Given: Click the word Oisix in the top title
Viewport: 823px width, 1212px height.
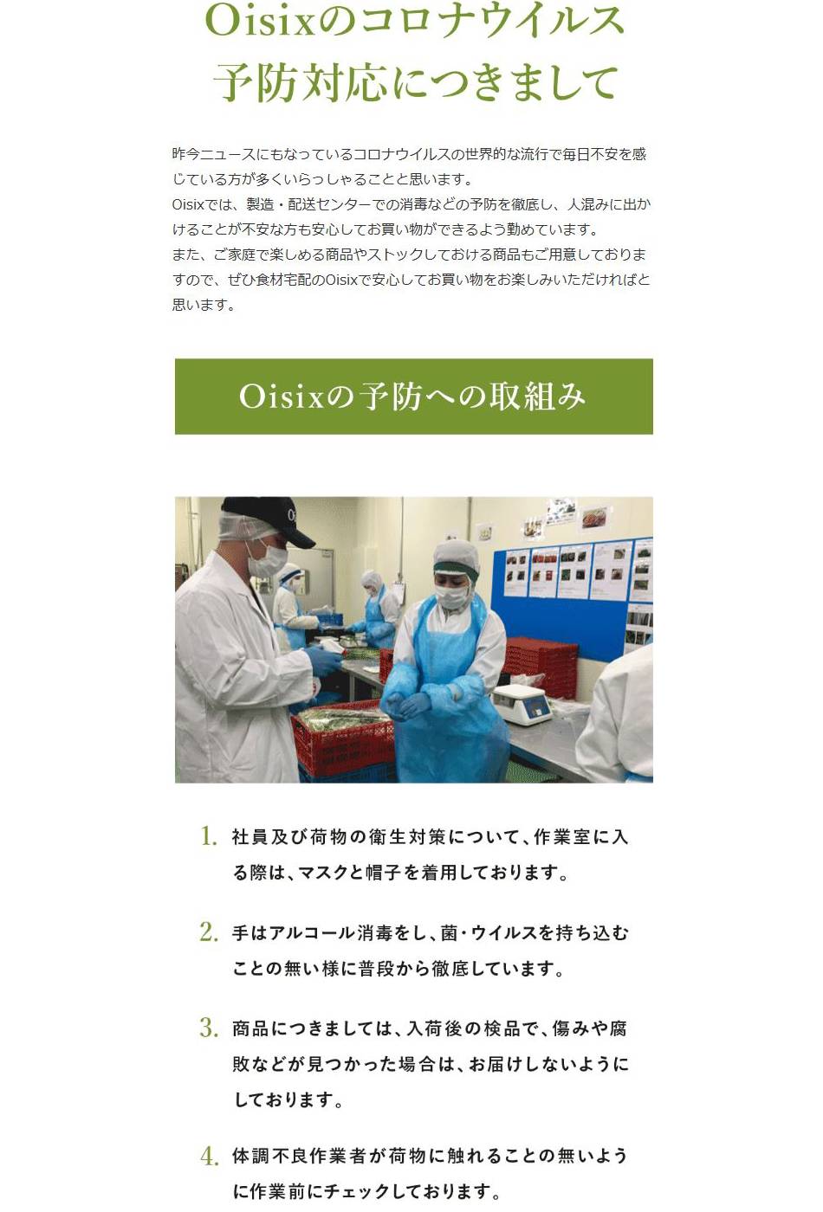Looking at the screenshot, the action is pos(261,22).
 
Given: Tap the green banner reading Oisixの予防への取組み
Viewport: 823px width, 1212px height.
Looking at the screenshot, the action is pos(414,396).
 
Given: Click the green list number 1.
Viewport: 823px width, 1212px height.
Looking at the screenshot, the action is pos(209,836).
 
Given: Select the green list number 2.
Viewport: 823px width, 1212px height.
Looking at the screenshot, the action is pos(209,932).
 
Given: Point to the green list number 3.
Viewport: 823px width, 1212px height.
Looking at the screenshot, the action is pos(209,1028).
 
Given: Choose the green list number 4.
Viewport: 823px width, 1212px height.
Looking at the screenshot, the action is pos(210,1157).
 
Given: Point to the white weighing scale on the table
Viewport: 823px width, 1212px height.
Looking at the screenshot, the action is pos(522,703).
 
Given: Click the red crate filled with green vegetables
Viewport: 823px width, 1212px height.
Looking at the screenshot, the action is pos(343,737).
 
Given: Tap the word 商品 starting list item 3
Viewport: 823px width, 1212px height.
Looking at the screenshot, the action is pos(250,1028).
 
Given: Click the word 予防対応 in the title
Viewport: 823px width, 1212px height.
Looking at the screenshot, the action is pos(301,82).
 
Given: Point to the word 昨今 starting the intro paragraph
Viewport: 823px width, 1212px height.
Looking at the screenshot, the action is pos(185,154).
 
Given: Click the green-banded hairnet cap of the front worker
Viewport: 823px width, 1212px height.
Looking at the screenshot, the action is pos(457,558).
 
